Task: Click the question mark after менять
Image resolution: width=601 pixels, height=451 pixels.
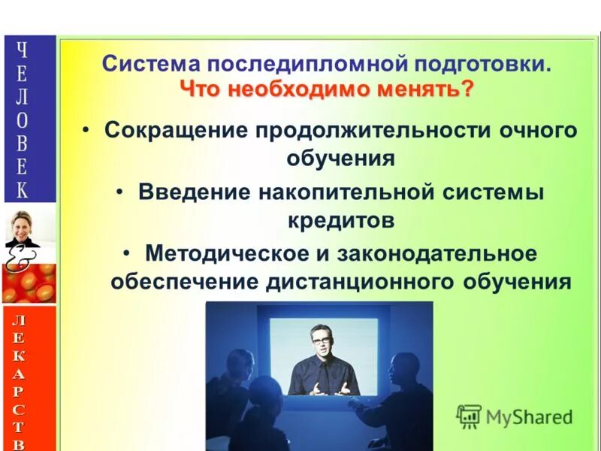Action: coord(468,90)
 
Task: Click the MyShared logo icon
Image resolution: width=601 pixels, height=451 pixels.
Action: coord(469,416)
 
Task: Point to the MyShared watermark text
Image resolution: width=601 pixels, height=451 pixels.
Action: coord(529,416)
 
